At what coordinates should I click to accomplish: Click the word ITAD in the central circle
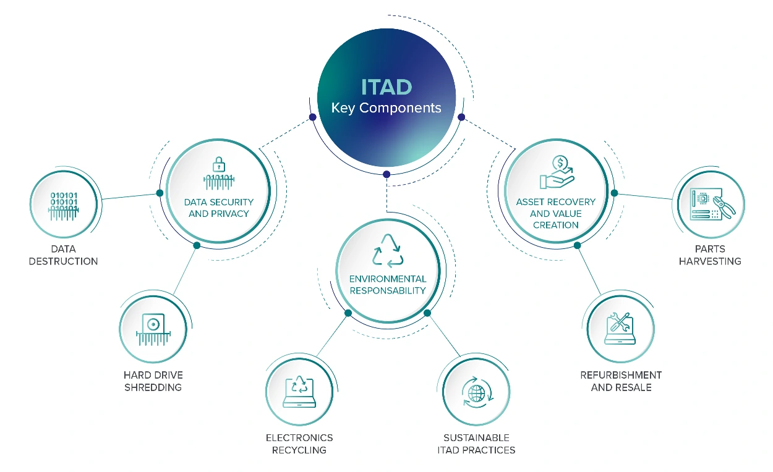(386, 86)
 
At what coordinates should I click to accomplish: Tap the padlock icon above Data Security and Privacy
(218, 165)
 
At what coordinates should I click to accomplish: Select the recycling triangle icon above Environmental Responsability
(387, 250)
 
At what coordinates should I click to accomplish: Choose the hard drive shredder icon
(153, 330)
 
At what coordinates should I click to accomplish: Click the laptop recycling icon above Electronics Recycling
(299, 392)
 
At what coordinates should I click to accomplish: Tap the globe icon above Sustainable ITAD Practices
(477, 394)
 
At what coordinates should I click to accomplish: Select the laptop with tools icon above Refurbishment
(619, 328)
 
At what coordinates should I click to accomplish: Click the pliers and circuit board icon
(707, 204)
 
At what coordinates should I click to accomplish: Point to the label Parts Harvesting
(710, 255)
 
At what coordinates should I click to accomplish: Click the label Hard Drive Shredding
(153, 381)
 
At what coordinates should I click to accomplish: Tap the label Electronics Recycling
(299, 444)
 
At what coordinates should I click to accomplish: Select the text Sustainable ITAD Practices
(476, 444)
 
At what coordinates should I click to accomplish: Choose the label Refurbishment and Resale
(621, 381)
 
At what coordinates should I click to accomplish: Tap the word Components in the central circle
(400, 108)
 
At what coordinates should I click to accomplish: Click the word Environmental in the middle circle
(388, 279)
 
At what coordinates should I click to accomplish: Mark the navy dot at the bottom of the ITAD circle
(386, 174)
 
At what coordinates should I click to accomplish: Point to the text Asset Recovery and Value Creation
(555, 213)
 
